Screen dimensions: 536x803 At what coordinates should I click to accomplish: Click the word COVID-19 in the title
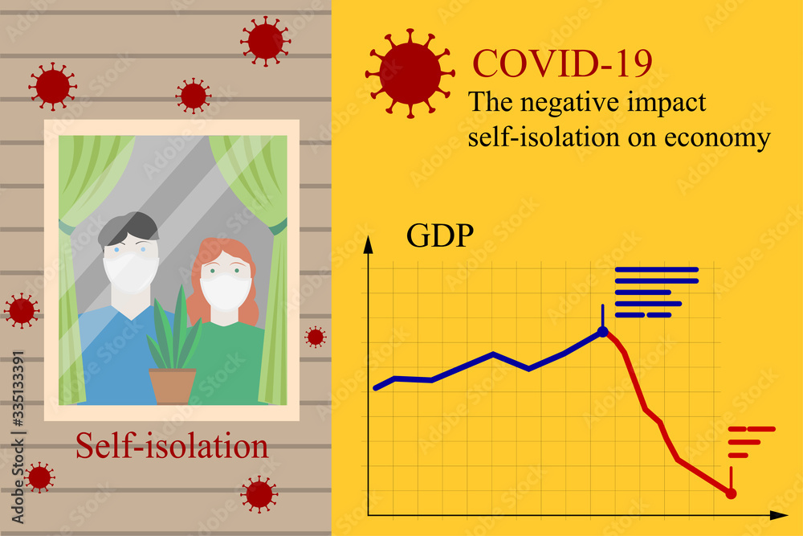pos(562,63)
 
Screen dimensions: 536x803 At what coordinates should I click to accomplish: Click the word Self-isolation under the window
pos(172,445)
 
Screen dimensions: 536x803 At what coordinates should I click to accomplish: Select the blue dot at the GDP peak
pos(603,331)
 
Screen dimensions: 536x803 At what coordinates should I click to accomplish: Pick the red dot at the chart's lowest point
pos(731,493)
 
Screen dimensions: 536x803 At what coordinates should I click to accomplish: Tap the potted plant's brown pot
pos(173,385)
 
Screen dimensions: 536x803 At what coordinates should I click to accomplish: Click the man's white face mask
pos(131,272)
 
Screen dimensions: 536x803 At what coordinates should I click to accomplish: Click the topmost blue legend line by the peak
pos(656,269)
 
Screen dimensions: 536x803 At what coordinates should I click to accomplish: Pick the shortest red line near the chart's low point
pos(739,455)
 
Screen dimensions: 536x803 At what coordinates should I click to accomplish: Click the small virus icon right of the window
pos(316,337)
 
